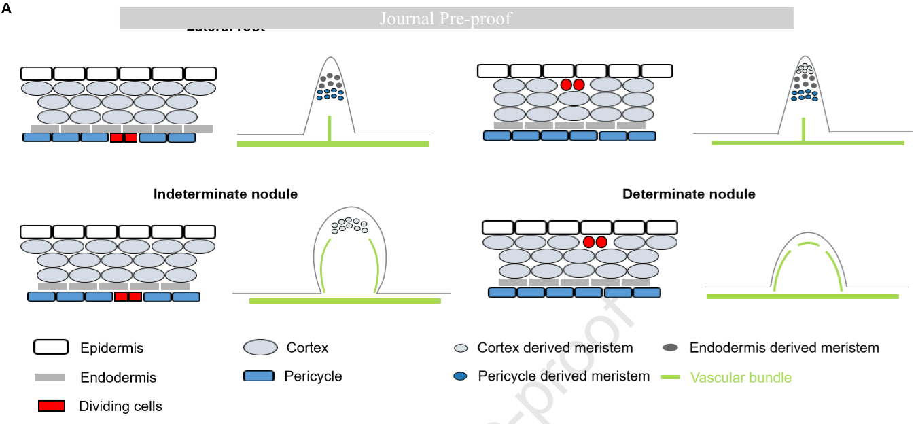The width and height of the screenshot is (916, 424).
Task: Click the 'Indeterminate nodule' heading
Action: (226, 194)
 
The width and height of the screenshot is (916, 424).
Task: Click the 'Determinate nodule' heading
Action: (688, 194)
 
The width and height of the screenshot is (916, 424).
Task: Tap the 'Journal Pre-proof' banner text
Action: (445, 18)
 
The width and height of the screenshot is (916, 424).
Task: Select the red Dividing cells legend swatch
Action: (52, 406)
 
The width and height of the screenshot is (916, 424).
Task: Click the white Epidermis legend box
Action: (51, 347)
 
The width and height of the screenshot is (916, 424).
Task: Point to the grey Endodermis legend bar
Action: (50, 377)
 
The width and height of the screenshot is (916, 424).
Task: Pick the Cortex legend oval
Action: (260, 347)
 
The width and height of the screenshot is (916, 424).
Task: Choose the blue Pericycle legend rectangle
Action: (258, 376)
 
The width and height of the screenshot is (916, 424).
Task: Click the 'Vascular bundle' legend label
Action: (741, 377)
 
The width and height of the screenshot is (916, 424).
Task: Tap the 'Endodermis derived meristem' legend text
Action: (784, 348)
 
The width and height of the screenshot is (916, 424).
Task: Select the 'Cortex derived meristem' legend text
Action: (555, 348)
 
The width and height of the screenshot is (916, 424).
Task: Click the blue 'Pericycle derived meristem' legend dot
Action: (461, 376)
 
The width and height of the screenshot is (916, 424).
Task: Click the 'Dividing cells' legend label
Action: (120, 406)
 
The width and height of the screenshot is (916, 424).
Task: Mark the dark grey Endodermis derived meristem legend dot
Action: (671, 347)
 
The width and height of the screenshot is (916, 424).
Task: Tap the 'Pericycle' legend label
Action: (313, 376)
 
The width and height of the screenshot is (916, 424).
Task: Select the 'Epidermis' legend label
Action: (111, 348)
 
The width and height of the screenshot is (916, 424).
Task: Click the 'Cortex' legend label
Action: (307, 348)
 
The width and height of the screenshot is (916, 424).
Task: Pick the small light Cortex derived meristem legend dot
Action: (461, 348)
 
